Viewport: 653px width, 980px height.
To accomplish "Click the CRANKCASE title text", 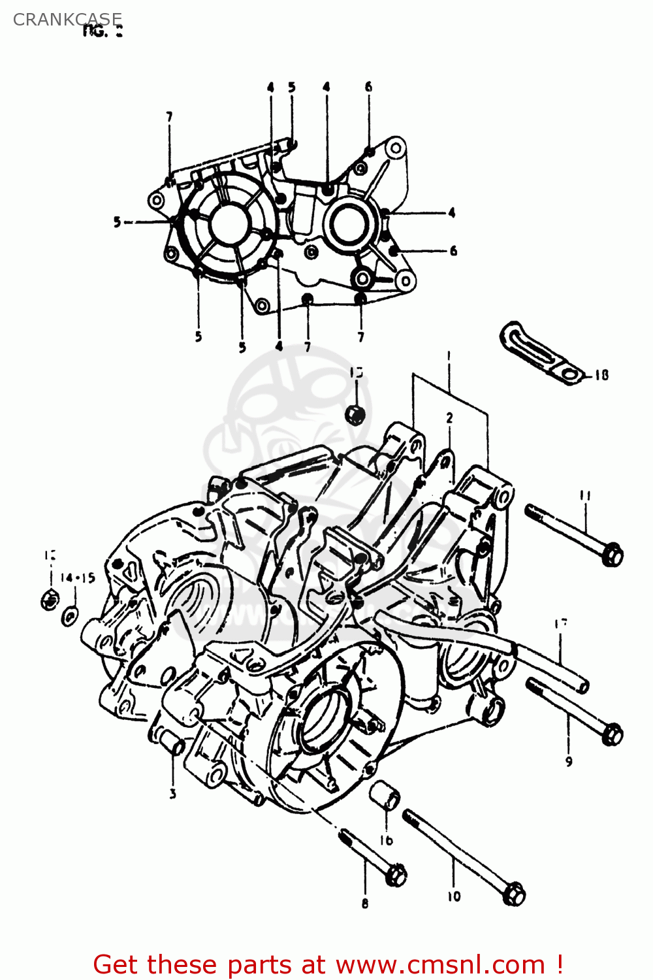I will click(x=67, y=20).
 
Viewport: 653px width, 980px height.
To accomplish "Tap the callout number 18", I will click(x=601, y=375).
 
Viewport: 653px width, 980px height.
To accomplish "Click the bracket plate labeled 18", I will click(x=535, y=353).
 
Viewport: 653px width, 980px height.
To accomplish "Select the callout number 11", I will click(x=584, y=496).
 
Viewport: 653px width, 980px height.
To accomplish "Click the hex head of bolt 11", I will click(x=612, y=555).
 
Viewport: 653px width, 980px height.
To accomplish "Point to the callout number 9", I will click(x=569, y=761).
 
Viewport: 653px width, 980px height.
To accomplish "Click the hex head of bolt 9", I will click(x=612, y=734).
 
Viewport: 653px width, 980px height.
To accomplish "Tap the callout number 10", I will click(x=453, y=896).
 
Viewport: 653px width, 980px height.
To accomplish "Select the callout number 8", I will click(x=364, y=904).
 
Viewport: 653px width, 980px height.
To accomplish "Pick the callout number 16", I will click(x=386, y=840).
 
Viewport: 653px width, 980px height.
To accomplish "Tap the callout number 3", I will click(x=172, y=794).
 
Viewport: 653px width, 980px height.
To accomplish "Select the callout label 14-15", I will click(x=78, y=578).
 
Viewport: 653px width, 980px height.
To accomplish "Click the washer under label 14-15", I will click(x=70, y=615).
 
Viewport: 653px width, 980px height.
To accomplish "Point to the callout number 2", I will click(x=449, y=418).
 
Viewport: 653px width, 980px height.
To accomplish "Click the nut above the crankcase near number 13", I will click(x=355, y=414).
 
